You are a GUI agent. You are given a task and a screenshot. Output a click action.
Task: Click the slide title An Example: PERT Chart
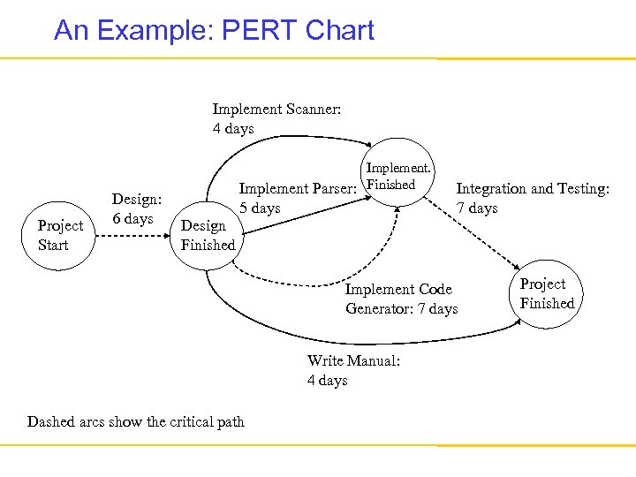(214, 31)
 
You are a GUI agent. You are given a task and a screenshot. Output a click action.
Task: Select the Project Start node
(60, 235)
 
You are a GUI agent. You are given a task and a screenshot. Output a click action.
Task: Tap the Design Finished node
(208, 236)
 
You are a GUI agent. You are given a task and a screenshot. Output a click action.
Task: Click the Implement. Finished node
(398, 176)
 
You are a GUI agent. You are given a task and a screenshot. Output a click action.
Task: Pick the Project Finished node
(547, 294)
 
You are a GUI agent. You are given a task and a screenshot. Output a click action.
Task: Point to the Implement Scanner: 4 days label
(276, 118)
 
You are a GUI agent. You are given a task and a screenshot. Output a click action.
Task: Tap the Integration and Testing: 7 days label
(532, 198)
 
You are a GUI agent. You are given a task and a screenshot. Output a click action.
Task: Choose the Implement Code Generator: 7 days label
(401, 299)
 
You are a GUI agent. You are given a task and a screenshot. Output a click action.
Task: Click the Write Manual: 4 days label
(353, 370)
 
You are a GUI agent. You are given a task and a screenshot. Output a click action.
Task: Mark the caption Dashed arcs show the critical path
(136, 421)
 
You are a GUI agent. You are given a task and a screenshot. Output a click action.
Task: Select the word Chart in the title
(340, 31)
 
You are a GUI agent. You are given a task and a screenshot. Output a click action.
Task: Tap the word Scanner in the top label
(314, 109)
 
